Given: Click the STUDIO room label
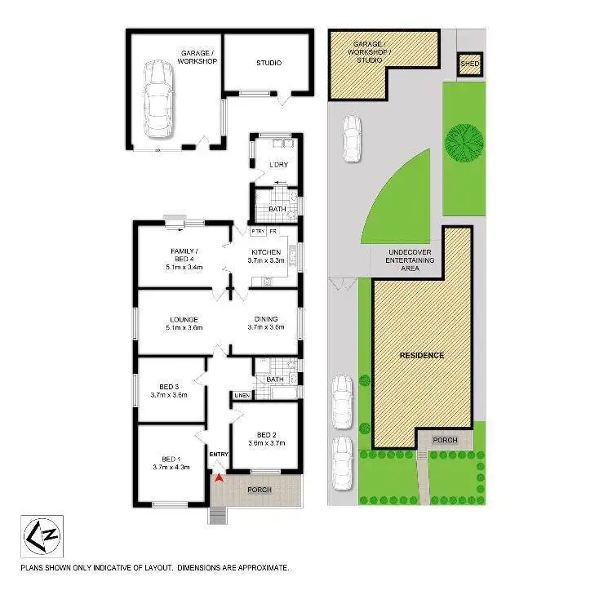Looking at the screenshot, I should (268, 62).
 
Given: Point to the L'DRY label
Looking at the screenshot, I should (278, 166).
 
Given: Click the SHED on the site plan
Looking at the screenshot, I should (469, 64).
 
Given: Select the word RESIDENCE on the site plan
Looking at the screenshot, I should (422, 355).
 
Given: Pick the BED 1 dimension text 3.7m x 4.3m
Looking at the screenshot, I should (170, 468).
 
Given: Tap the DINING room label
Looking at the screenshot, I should (266, 319).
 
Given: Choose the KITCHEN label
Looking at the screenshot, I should (266, 252).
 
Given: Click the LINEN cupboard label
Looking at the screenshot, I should (242, 396).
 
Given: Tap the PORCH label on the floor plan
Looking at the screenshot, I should (260, 490).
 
